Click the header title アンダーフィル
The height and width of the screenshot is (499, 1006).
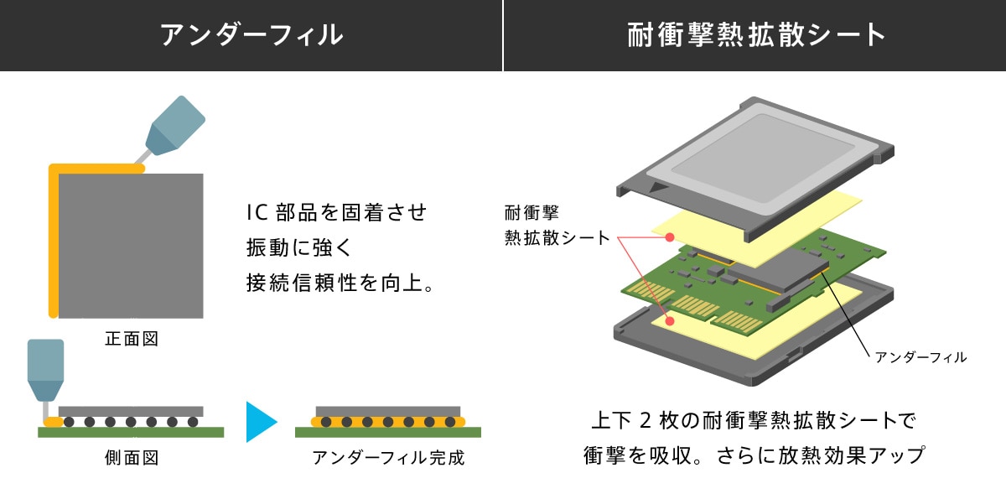point(251,35)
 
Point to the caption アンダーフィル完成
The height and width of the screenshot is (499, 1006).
point(388,458)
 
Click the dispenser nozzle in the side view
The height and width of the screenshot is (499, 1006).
point(45,368)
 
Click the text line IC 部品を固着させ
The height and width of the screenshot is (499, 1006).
point(336,212)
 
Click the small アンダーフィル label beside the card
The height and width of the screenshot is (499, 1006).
point(920,357)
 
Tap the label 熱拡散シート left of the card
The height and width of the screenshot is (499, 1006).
point(557,237)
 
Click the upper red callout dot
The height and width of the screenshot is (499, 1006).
point(670,237)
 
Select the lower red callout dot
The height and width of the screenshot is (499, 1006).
point(670,320)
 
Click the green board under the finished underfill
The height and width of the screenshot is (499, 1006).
point(388,432)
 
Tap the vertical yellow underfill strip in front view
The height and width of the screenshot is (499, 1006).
point(54,243)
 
